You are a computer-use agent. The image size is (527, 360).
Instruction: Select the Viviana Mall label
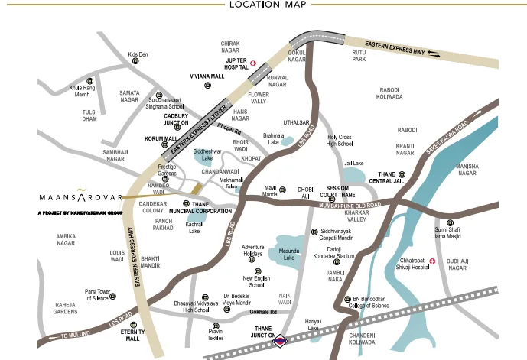tap(207, 77)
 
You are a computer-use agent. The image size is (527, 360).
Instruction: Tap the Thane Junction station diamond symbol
tap(281, 341)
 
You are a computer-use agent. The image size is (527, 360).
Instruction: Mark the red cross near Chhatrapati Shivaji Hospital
tap(433, 262)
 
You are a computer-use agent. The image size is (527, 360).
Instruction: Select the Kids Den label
tap(138, 55)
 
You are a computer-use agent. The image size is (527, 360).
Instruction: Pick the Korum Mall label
tap(161, 139)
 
